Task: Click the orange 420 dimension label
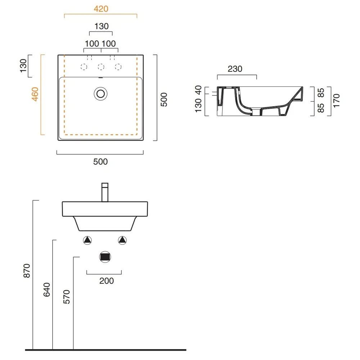(101, 9)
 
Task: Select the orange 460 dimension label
(35, 94)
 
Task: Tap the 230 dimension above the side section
(235, 69)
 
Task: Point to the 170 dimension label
(336, 100)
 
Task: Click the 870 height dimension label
(27, 271)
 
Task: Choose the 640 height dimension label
(46, 290)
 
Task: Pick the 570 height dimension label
(67, 297)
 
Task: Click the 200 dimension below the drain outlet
(107, 281)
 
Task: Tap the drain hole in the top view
(100, 94)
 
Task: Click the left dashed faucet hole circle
(84, 67)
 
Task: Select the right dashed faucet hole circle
(118, 67)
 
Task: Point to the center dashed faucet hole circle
(101, 67)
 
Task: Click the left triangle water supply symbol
(87, 240)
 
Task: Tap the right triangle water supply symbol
(122, 240)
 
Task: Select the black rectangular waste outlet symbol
(105, 257)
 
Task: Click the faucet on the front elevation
(105, 192)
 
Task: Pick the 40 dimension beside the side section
(198, 90)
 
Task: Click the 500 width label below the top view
(100, 162)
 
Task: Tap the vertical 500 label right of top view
(164, 100)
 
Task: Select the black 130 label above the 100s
(102, 26)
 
